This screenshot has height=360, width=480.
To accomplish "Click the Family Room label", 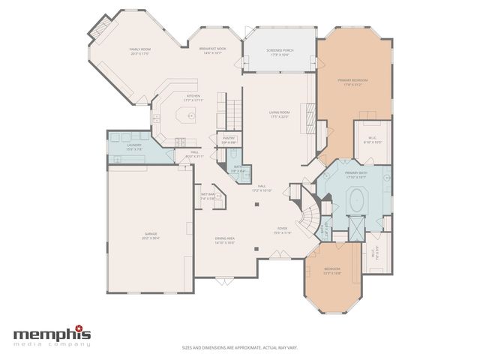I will [x=140, y=51].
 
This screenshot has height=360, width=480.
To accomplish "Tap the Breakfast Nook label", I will [x=213, y=50].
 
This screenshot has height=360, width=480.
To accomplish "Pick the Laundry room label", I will [x=134, y=146].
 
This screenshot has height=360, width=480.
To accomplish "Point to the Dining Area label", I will [x=225, y=240].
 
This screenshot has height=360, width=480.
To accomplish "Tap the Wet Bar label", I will [x=208, y=196].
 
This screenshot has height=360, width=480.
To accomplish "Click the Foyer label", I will [x=282, y=232].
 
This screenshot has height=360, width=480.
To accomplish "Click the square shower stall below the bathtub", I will [x=356, y=223].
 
